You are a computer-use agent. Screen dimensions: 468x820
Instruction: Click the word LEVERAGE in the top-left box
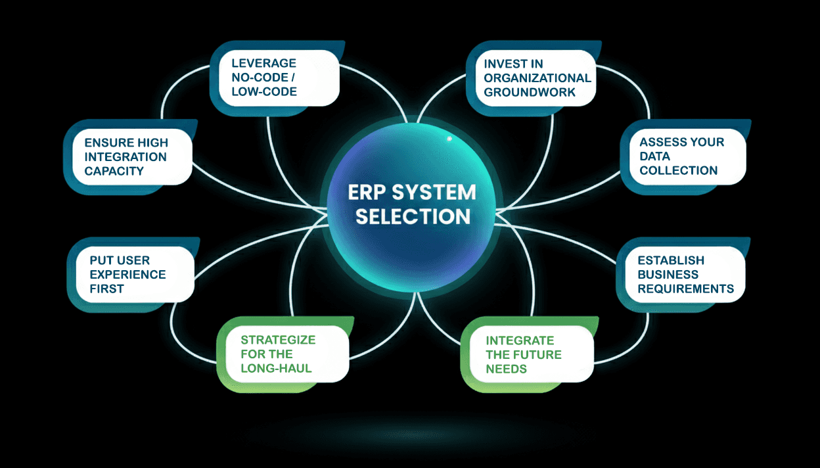coord(263,63)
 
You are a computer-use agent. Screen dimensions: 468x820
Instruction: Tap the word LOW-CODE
coord(264,91)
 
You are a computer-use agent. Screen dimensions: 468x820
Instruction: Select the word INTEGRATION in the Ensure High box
coord(125,156)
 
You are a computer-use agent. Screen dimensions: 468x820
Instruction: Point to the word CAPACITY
coord(114,171)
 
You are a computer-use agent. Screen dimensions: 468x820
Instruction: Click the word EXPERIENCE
coord(127,274)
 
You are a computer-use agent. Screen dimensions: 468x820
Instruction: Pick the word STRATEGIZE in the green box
coord(278,340)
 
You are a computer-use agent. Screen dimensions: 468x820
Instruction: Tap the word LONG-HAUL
coord(276,368)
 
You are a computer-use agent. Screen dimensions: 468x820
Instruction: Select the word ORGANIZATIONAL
coord(537,78)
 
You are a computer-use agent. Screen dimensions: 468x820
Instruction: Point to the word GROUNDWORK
coord(530,92)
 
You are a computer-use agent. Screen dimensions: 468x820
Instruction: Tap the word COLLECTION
coord(678,170)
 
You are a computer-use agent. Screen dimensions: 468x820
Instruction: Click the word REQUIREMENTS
coord(685,289)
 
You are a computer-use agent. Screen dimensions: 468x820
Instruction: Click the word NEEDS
coord(506,369)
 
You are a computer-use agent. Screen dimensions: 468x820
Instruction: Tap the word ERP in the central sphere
coord(367,193)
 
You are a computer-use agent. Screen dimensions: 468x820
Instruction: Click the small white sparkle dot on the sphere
coord(449,139)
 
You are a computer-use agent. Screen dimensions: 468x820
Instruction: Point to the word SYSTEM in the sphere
coord(434,193)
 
